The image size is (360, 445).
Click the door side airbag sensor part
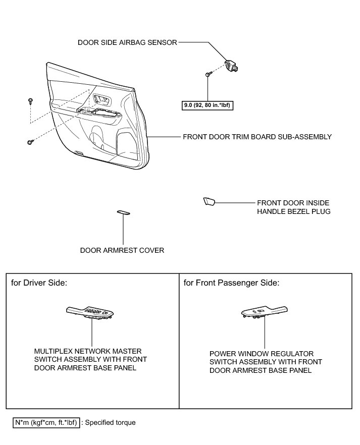[x=234, y=66]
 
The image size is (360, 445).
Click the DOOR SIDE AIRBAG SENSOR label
[x=127, y=43]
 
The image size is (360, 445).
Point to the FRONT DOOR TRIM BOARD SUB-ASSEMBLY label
[x=257, y=137]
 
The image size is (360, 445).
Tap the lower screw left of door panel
[x=30, y=143]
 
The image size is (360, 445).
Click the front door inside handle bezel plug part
[x=209, y=202]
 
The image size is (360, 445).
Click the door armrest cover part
[x=123, y=212]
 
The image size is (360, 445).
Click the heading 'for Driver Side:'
[x=39, y=283]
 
